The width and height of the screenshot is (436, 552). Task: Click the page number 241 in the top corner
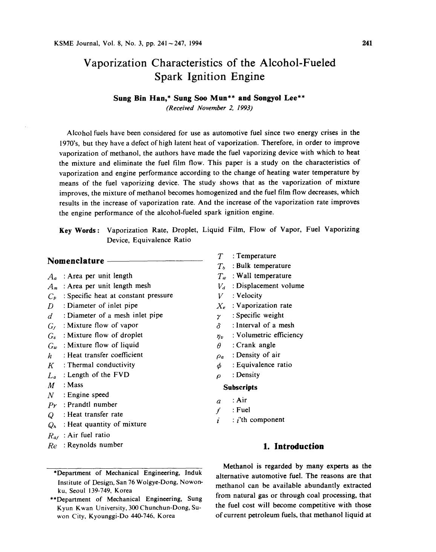pos(367,43)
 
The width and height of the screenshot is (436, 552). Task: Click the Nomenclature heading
pos(76,261)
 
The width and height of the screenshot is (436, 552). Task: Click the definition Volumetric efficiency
pos(269,335)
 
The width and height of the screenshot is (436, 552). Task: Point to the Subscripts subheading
pos(240,387)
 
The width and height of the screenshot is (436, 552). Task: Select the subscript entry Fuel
pos(243,410)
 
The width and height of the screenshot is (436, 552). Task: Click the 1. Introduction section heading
pos(293,446)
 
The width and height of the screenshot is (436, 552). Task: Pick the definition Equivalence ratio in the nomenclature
pos(264,365)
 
